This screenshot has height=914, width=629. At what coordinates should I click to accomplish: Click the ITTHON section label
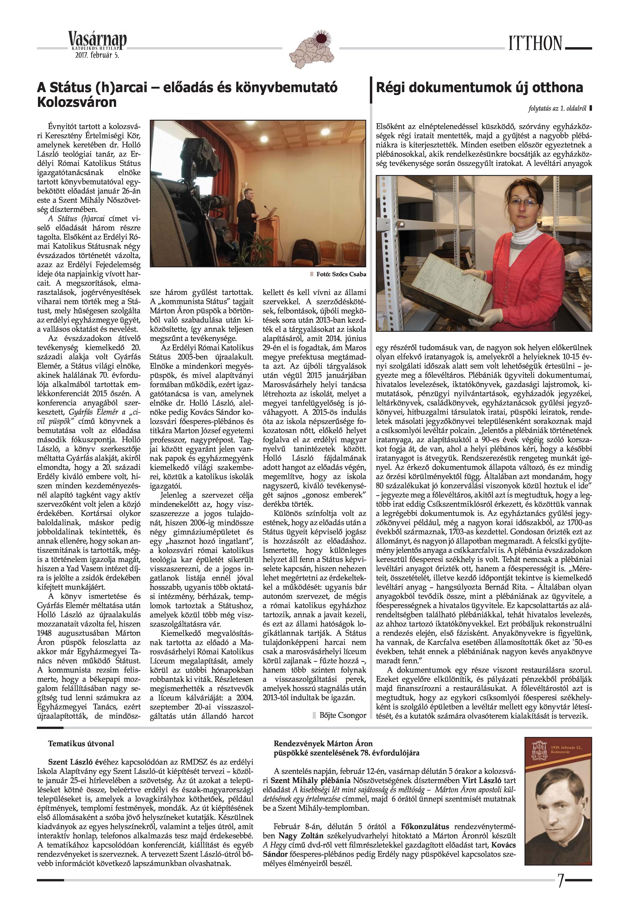coord(535,43)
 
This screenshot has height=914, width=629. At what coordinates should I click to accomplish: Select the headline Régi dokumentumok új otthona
coord(479,88)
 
